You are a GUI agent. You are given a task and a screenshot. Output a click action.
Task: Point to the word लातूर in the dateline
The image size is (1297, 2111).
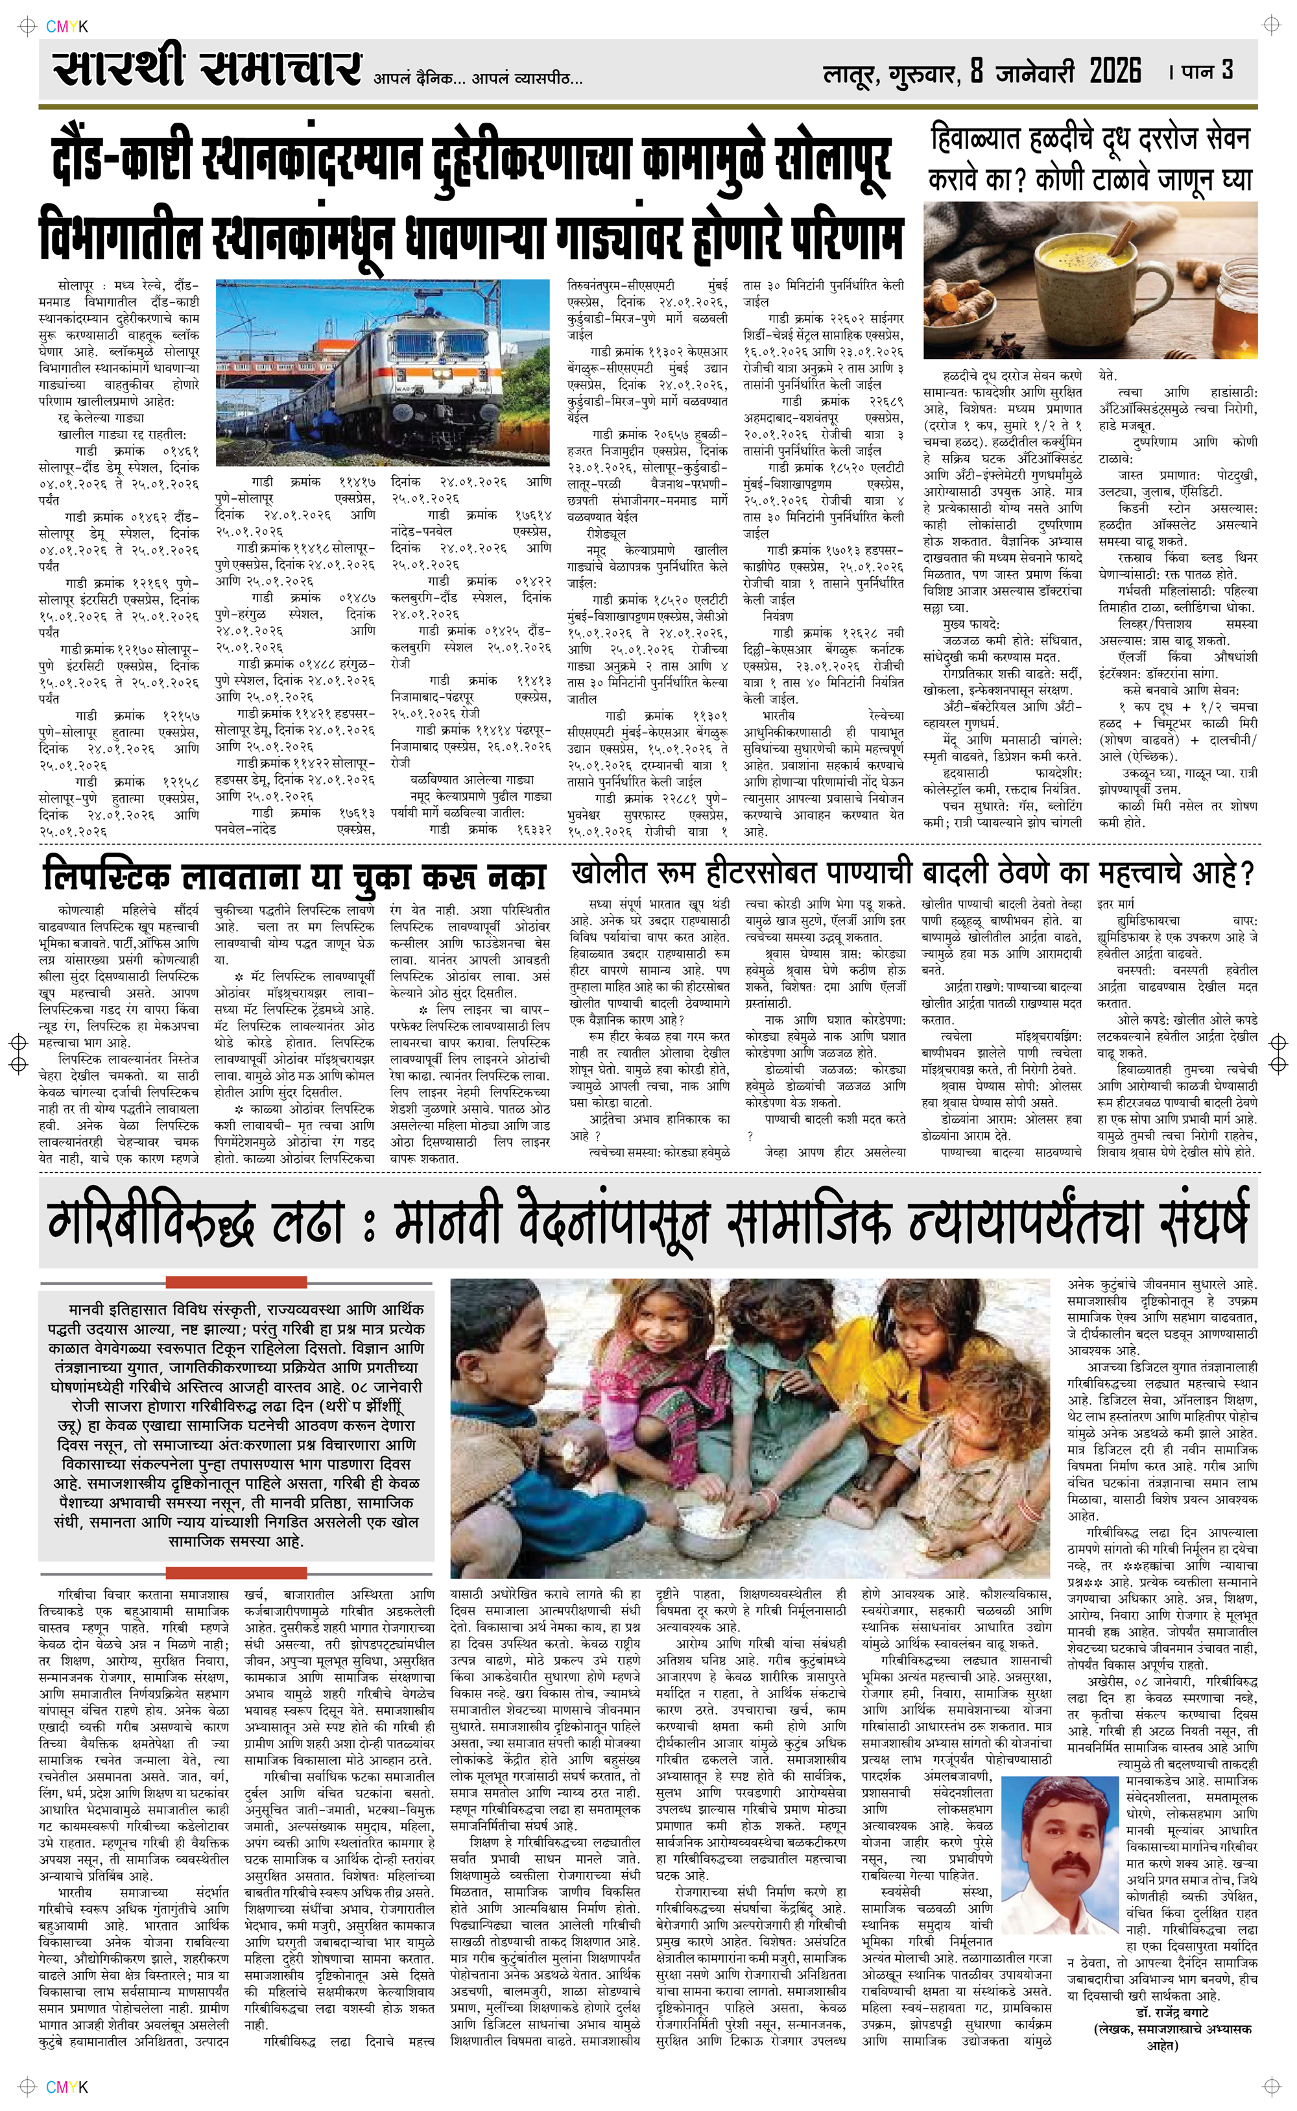pos(850,75)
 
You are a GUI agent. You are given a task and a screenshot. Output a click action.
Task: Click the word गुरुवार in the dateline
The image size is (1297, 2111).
pos(923,74)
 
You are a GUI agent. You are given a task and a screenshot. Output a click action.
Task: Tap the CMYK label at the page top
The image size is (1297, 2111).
pos(66,27)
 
